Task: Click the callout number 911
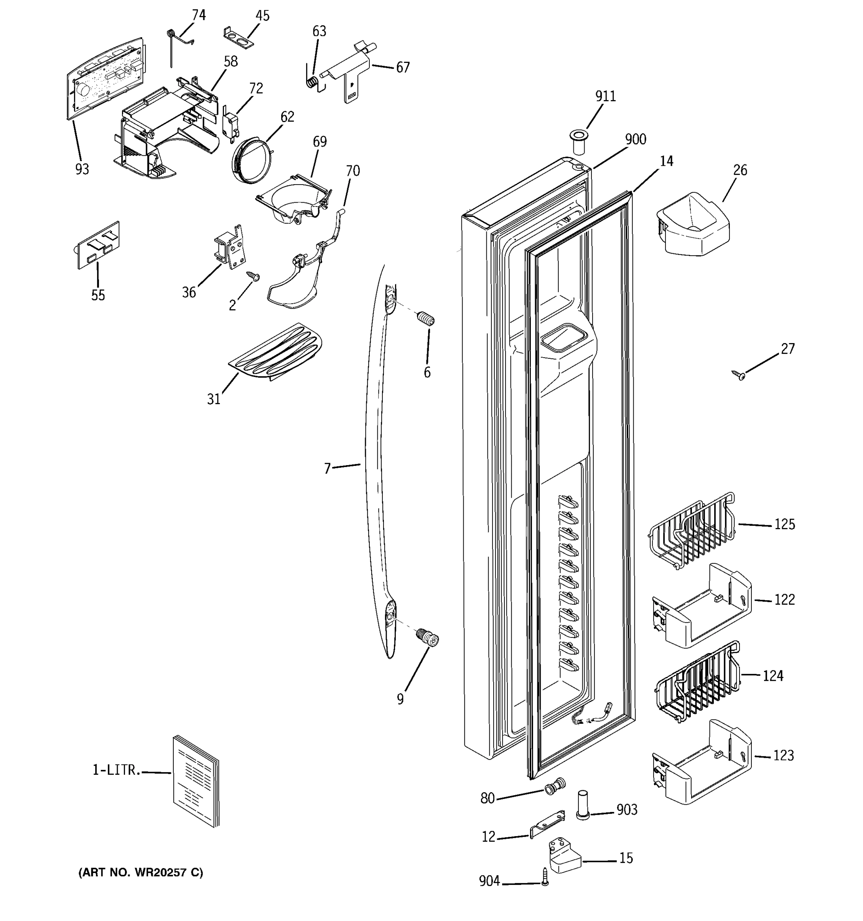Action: [x=605, y=96]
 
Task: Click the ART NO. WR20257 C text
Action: [x=140, y=873]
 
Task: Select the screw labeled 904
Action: [x=545, y=877]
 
